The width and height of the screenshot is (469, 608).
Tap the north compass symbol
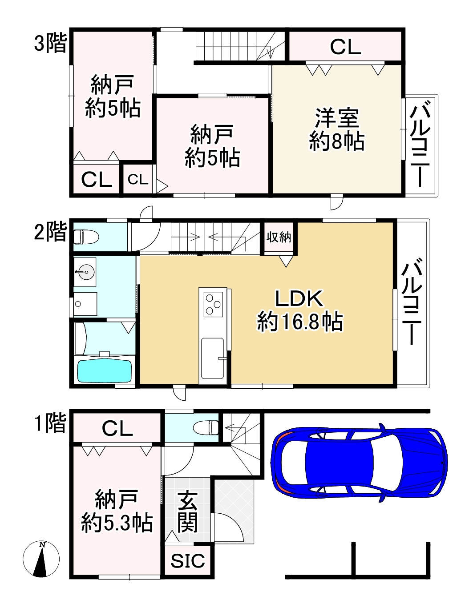[41, 559]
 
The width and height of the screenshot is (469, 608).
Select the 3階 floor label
[50, 44]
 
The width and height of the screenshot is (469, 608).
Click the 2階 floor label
[50, 232]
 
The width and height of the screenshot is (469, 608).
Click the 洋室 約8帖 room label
[337, 129]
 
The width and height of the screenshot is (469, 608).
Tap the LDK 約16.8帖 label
[299, 310]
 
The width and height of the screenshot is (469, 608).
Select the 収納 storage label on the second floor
[279, 237]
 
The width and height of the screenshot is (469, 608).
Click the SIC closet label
[188, 561]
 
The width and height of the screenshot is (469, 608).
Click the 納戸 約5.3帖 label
[117, 511]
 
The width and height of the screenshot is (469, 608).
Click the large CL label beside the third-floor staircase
[345, 47]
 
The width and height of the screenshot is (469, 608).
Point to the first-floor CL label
[117, 428]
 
